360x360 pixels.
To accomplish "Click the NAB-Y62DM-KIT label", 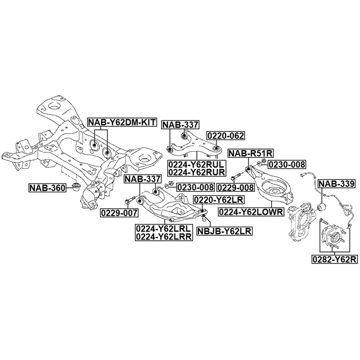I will point(121,121).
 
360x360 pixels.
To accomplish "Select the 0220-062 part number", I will point(226,136).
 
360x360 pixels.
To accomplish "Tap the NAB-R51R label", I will point(250,153).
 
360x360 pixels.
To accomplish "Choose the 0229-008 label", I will point(236,187).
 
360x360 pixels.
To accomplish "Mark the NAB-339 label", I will point(336,183).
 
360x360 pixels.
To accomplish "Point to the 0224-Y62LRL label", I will point(163,228).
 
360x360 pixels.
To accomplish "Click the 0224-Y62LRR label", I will point(163,237).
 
